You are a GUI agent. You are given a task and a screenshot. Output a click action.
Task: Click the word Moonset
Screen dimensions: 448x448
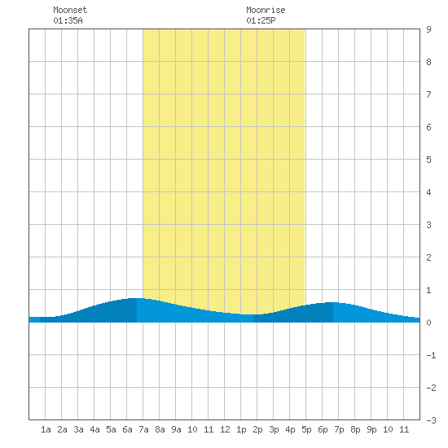(x=70, y=10)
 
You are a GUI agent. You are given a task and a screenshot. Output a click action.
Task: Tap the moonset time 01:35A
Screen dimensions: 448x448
(x=68, y=20)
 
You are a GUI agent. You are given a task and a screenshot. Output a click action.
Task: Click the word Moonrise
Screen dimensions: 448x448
(x=266, y=10)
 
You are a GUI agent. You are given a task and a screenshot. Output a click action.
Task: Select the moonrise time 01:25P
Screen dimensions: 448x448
(x=261, y=20)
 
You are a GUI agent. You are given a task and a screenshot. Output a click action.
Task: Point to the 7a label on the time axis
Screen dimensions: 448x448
(x=143, y=429)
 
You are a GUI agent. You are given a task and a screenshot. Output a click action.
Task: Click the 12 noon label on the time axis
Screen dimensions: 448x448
(x=225, y=429)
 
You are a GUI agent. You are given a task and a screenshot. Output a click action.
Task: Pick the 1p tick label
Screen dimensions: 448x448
(x=241, y=430)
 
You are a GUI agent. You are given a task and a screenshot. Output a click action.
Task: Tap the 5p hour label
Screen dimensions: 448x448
(x=306, y=430)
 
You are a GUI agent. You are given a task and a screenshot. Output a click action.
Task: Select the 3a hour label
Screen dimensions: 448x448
(x=78, y=429)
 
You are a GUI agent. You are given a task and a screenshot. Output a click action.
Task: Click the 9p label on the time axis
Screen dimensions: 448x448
(x=371, y=430)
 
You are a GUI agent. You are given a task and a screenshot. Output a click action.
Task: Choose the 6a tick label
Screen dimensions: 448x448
(x=127, y=429)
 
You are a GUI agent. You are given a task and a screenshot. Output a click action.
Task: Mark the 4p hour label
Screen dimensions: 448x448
(x=290, y=430)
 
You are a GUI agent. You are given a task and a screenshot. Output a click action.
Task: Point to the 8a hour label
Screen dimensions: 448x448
(x=160, y=429)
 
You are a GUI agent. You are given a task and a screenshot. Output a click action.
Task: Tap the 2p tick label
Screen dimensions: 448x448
(x=257, y=430)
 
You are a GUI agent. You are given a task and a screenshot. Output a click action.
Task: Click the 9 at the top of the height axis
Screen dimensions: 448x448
(x=428, y=29)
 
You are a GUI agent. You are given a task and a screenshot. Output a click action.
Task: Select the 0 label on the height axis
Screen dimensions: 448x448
(x=428, y=323)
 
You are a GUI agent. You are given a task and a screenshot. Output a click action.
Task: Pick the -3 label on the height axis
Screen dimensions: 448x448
(x=432, y=420)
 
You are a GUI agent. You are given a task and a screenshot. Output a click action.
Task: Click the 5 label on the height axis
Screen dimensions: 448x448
(x=428, y=160)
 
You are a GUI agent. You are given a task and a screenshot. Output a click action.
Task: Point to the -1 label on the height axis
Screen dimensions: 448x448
(x=432, y=355)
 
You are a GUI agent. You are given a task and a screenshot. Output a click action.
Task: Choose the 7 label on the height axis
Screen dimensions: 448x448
(x=428, y=94)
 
